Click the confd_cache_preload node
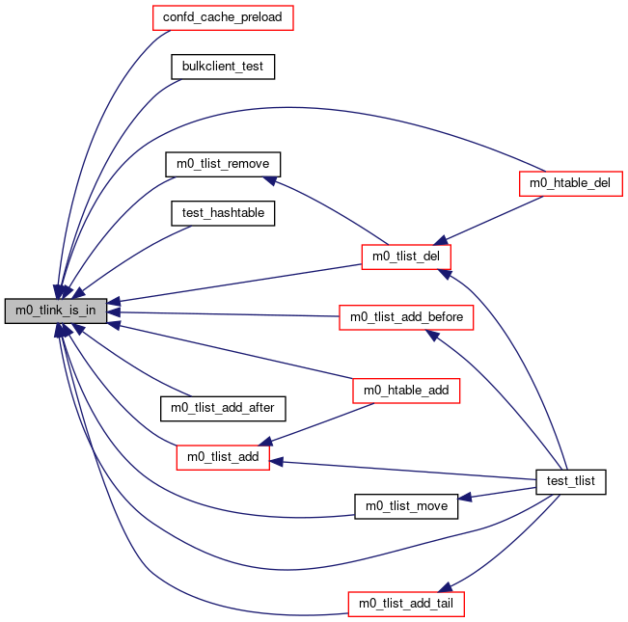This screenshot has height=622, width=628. (x=223, y=17)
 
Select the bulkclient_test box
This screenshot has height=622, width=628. (x=223, y=67)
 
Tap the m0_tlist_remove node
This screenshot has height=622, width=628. (x=223, y=164)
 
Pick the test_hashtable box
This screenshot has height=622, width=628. (x=223, y=213)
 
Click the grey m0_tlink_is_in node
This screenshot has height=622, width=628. (x=56, y=311)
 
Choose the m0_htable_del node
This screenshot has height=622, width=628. (x=570, y=184)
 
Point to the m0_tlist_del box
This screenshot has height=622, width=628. (x=406, y=257)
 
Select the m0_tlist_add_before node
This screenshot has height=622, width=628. (x=406, y=318)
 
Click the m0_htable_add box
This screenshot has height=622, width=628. (x=406, y=391)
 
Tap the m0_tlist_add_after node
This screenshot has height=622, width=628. (x=223, y=409)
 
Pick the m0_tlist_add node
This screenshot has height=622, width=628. (x=223, y=457)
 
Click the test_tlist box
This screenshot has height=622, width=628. (x=570, y=482)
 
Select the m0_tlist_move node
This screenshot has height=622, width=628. (x=406, y=506)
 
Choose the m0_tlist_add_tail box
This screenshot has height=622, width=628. (x=406, y=604)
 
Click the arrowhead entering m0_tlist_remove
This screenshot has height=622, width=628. (x=270, y=180)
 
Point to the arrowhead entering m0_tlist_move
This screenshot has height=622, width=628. (x=465, y=498)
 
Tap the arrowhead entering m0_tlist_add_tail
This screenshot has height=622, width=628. (x=446, y=587)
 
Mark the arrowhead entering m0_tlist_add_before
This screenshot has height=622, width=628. (x=432, y=335)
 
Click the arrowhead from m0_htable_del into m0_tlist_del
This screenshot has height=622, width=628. (x=441, y=240)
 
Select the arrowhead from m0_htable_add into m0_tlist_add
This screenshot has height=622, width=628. (x=265, y=441)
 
